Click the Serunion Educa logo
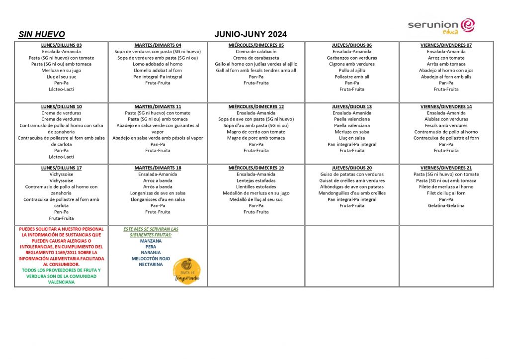441,26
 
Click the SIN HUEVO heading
42,34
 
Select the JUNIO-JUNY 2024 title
251,34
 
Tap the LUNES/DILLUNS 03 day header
62,45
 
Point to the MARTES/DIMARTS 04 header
158,45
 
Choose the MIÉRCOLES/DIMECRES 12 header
256,107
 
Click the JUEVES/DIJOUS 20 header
352,168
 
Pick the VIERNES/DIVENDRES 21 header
446,168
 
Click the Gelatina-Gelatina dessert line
446,206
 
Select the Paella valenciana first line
352,119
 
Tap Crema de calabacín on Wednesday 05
256,52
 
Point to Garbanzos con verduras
352,58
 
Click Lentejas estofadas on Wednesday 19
256,180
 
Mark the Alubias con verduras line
446,119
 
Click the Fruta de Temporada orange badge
186,271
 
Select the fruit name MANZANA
151,241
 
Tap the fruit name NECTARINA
151,265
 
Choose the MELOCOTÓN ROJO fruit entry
151,259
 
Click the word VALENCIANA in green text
62,282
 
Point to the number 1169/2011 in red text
71,253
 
